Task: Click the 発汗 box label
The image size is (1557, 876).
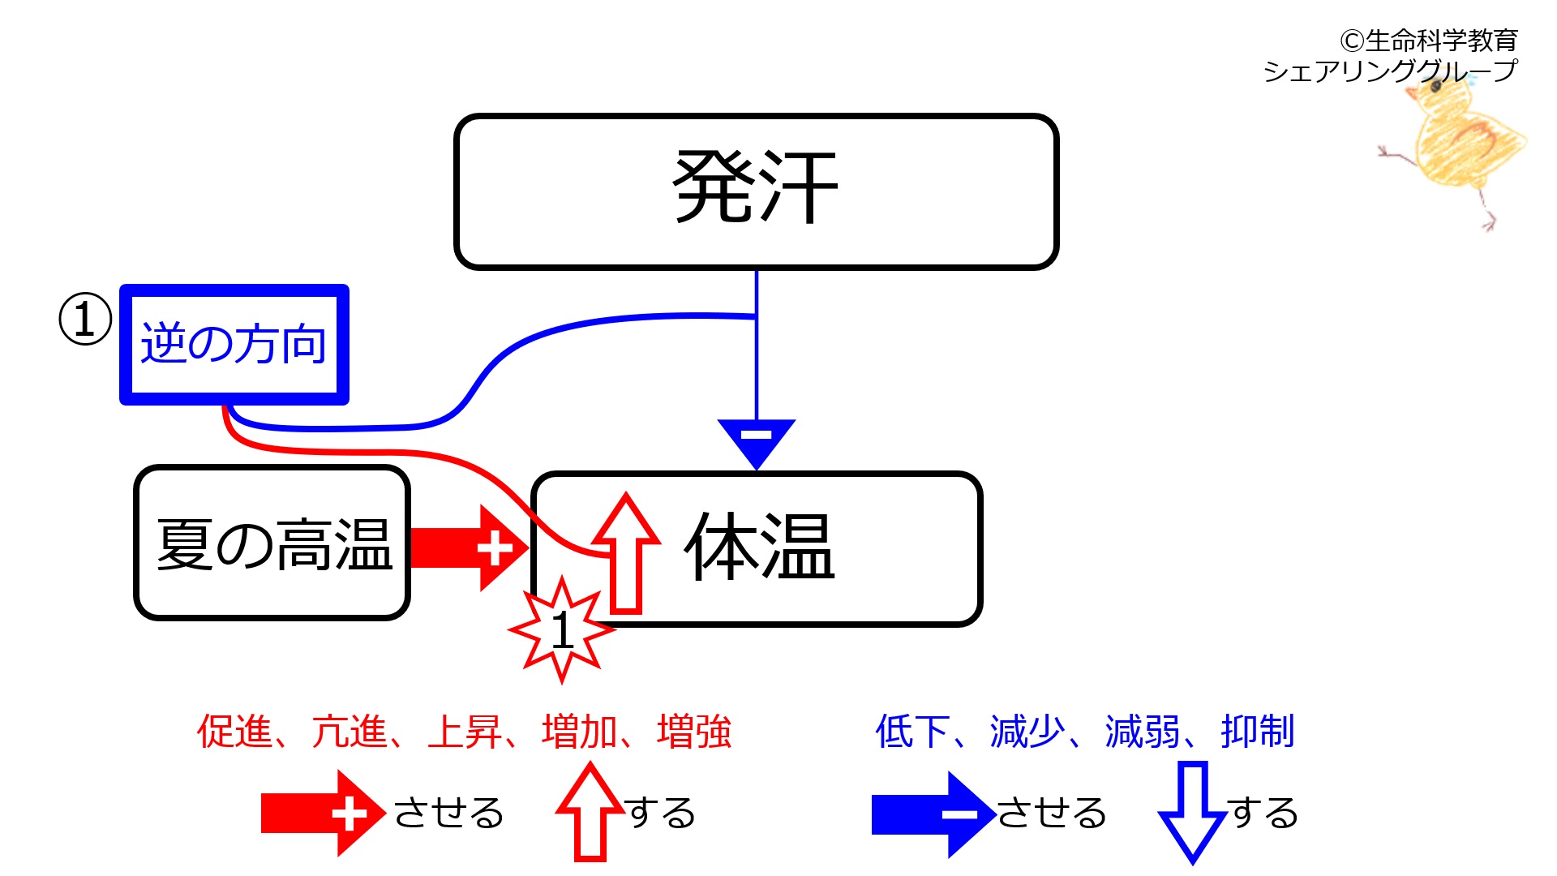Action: [756, 188]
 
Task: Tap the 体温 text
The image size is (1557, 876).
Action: [760, 547]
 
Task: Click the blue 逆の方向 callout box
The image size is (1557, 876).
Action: [234, 344]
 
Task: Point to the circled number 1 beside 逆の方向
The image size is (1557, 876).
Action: [85, 319]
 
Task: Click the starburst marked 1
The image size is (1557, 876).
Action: [561, 629]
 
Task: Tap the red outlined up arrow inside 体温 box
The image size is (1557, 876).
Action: [625, 552]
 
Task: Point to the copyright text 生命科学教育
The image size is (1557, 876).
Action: [1429, 41]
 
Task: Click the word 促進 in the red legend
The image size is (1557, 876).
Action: [234, 732]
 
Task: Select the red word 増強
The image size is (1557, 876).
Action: [694, 732]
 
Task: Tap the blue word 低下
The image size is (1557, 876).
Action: [913, 732]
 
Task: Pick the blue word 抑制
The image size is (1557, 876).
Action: [1257, 732]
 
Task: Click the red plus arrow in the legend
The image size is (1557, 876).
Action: [322, 814]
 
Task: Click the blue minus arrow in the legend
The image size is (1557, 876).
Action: [933, 814]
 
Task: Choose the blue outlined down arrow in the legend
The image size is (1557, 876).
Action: [1193, 811]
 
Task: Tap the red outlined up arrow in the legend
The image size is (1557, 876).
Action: [590, 811]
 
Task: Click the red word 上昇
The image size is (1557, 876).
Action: [465, 732]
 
